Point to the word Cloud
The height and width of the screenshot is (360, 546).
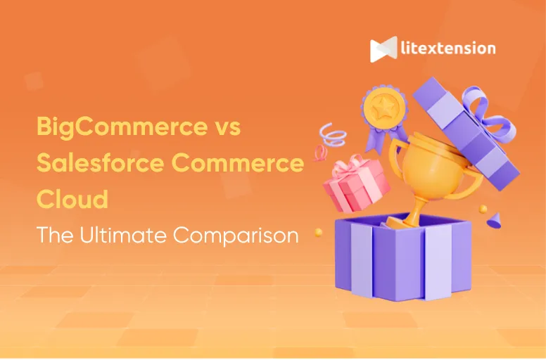72,200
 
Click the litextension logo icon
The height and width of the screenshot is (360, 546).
383,50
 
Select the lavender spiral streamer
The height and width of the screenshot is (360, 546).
330,134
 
